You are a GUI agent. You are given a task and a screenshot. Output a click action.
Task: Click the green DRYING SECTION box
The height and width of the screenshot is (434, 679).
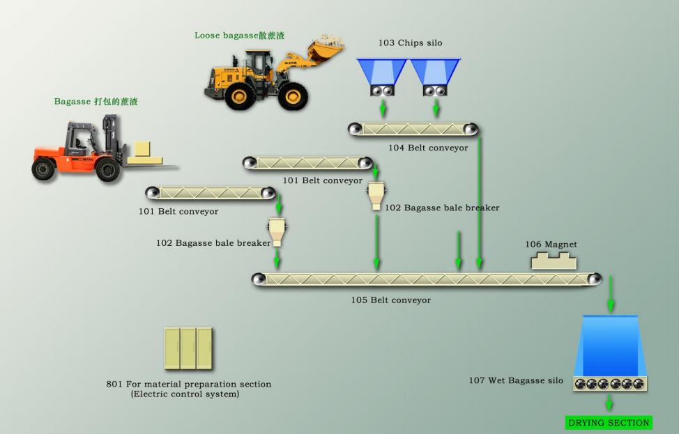pos(609,422)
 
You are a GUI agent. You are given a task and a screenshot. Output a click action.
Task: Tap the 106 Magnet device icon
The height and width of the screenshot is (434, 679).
pos(554,261)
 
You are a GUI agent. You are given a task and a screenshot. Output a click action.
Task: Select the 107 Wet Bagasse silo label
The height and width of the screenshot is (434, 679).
pos(515,380)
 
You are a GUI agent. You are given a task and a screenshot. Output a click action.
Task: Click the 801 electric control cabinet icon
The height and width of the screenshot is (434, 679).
pos(188,348)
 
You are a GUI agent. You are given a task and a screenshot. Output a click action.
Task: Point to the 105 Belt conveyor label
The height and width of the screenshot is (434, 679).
pos(390,300)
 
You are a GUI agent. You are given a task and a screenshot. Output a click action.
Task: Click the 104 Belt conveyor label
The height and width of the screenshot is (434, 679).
pos(428,148)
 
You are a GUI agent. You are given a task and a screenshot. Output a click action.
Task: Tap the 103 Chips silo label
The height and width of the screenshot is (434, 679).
pos(410,43)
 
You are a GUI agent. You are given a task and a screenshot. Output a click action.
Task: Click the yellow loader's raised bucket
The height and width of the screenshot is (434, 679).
pos(326,49)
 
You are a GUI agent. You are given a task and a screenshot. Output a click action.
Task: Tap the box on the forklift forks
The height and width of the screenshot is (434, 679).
pos(143,149)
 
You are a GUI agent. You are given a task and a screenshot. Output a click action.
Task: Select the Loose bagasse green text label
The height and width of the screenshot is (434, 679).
pos(239,36)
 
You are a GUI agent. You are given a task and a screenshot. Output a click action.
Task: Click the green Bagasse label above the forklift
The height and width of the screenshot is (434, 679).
pos(96,102)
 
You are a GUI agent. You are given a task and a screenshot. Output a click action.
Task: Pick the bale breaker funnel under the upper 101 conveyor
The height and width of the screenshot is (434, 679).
pos(376,195)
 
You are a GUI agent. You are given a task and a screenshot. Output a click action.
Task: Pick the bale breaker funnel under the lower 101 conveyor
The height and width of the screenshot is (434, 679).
pos(277,231)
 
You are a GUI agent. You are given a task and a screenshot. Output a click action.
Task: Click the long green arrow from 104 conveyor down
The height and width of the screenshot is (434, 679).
pos(479,202)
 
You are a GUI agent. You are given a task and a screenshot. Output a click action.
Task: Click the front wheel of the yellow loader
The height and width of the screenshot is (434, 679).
pos(292,96)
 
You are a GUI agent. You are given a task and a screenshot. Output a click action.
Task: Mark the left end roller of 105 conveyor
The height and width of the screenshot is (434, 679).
pos(258,279)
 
